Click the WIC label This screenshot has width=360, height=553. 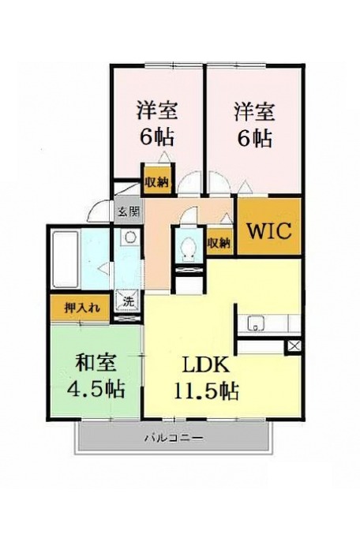click(x=269, y=231)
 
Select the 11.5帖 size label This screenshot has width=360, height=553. click(x=206, y=390)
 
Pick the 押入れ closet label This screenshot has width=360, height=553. click(x=82, y=308)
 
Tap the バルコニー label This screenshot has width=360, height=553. click(x=174, y=439)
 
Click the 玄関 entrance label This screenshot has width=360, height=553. click(x=129, y=212)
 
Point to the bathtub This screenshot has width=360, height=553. click(x=65, y=260)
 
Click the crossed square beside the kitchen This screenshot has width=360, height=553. click(x=294, y=346)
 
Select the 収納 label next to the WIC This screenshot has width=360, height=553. click(x=219, y=243)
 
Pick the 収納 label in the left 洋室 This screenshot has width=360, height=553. click(x=157, y=182)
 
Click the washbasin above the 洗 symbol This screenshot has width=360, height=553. click(x=129, y=237)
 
